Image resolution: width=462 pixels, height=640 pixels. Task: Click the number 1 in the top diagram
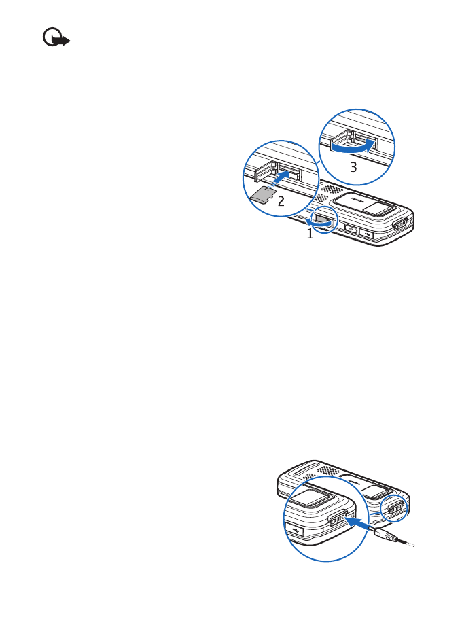310,234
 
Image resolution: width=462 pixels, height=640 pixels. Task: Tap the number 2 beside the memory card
281,200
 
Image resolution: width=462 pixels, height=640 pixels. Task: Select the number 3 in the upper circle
353,168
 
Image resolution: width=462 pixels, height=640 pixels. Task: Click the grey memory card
260,196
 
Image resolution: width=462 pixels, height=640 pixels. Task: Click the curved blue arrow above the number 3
353,144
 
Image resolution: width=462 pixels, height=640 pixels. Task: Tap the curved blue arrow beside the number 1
319,221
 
